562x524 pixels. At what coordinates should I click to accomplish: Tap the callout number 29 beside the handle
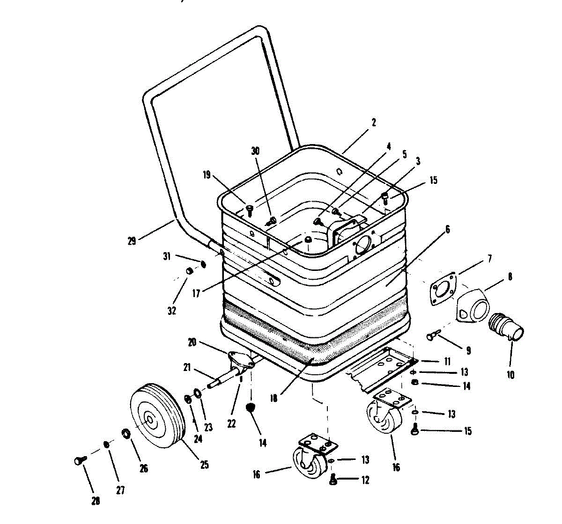point(132,241)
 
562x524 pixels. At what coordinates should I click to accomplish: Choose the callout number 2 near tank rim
point(373,123)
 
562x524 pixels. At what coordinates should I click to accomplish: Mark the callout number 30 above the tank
point(255,151)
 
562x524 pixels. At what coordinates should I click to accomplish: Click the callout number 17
point(196,293)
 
